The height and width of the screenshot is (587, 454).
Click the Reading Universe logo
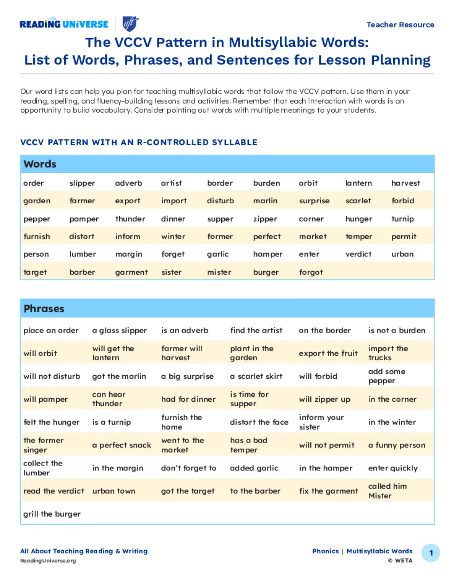pos(64,24)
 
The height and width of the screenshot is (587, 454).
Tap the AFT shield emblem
pos(130,24)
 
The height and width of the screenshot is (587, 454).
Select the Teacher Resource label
pos(400,25)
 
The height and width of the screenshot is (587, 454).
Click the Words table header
pos(40,164)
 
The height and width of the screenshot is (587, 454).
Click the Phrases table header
pos(44,309)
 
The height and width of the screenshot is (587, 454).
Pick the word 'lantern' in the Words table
pos(359,183)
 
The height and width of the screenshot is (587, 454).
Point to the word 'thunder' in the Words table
pos(130,219)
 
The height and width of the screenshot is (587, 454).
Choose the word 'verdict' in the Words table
pos(358,254)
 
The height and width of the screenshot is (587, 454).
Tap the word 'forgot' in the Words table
pos(311,272)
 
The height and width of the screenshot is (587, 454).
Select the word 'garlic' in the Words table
pos(218,254)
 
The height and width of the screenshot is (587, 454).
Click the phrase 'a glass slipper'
pos(119,330)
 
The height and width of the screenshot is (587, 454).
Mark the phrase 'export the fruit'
pos(328,353)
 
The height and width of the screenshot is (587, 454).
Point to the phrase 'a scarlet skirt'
pos(256,376)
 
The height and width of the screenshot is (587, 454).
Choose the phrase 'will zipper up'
pos(325,399)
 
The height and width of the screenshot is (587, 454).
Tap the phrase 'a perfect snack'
pos(121,445)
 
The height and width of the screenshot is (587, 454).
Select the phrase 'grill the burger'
pos(52,514)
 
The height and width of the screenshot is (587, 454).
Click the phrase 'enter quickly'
pos(393,468)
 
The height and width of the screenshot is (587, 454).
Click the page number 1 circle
pos(431,553)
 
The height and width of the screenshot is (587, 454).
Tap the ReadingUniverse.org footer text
pos(48,561)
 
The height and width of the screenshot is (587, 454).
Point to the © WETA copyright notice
pos(400,560)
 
